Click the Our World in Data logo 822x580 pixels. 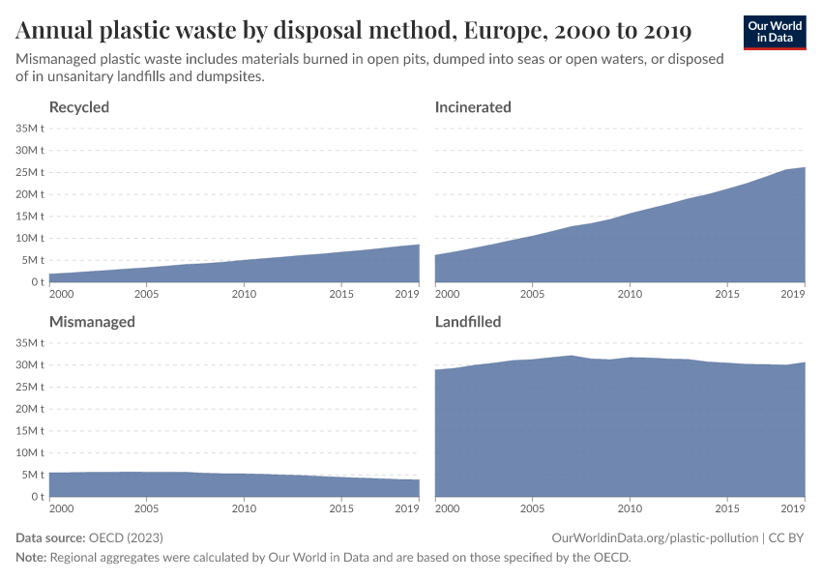click(x=775, y=32)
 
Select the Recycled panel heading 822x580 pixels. click(x=79, y=107)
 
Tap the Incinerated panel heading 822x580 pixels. click(x=473, y=107)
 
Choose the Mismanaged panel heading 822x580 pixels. click(x=92, y=322)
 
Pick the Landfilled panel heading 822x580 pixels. click(x=468, y=322)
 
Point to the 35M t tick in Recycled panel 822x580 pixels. click(x=29, y=129)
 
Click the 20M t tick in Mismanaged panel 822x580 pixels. click(x=29, y=409)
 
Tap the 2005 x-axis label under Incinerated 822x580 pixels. click(x=533, y=294)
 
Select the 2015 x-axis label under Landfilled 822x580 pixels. click(x=727, y=508)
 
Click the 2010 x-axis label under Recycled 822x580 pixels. click(x=244, y=294)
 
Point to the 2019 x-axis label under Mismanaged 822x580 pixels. click(x=406, y=508)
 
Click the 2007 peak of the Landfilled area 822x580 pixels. click(x=571, y=357)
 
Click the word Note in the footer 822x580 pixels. click(x=31, y=558)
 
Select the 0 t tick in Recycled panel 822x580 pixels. click(x=35, y=282)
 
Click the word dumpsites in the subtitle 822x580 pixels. click(x=231, y=77)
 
